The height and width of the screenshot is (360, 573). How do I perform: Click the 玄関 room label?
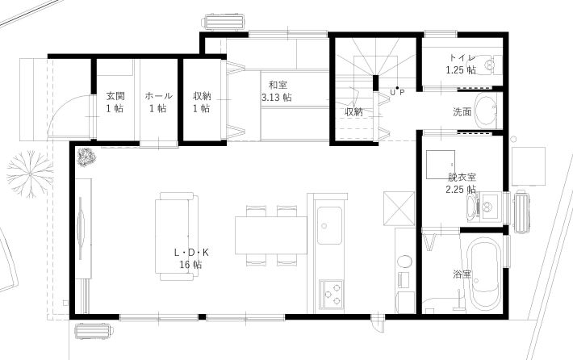tap(115, 102)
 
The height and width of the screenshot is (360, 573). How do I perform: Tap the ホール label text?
tap(157, 102)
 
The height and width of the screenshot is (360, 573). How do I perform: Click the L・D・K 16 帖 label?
tap(191, 257)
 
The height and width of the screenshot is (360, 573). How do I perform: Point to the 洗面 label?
tap(462, 112)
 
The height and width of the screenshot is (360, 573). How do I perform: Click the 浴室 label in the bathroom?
tap(462, 274)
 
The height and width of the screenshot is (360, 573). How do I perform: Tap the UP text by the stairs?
tap(396, 92)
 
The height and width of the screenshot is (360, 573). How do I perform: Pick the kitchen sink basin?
tap(329, 225)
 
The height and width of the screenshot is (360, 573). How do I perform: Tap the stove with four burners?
tap(332, 294)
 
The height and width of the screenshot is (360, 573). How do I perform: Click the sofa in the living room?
tap(176, 236)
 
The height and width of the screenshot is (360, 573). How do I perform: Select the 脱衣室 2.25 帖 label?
tap(462, 182)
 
